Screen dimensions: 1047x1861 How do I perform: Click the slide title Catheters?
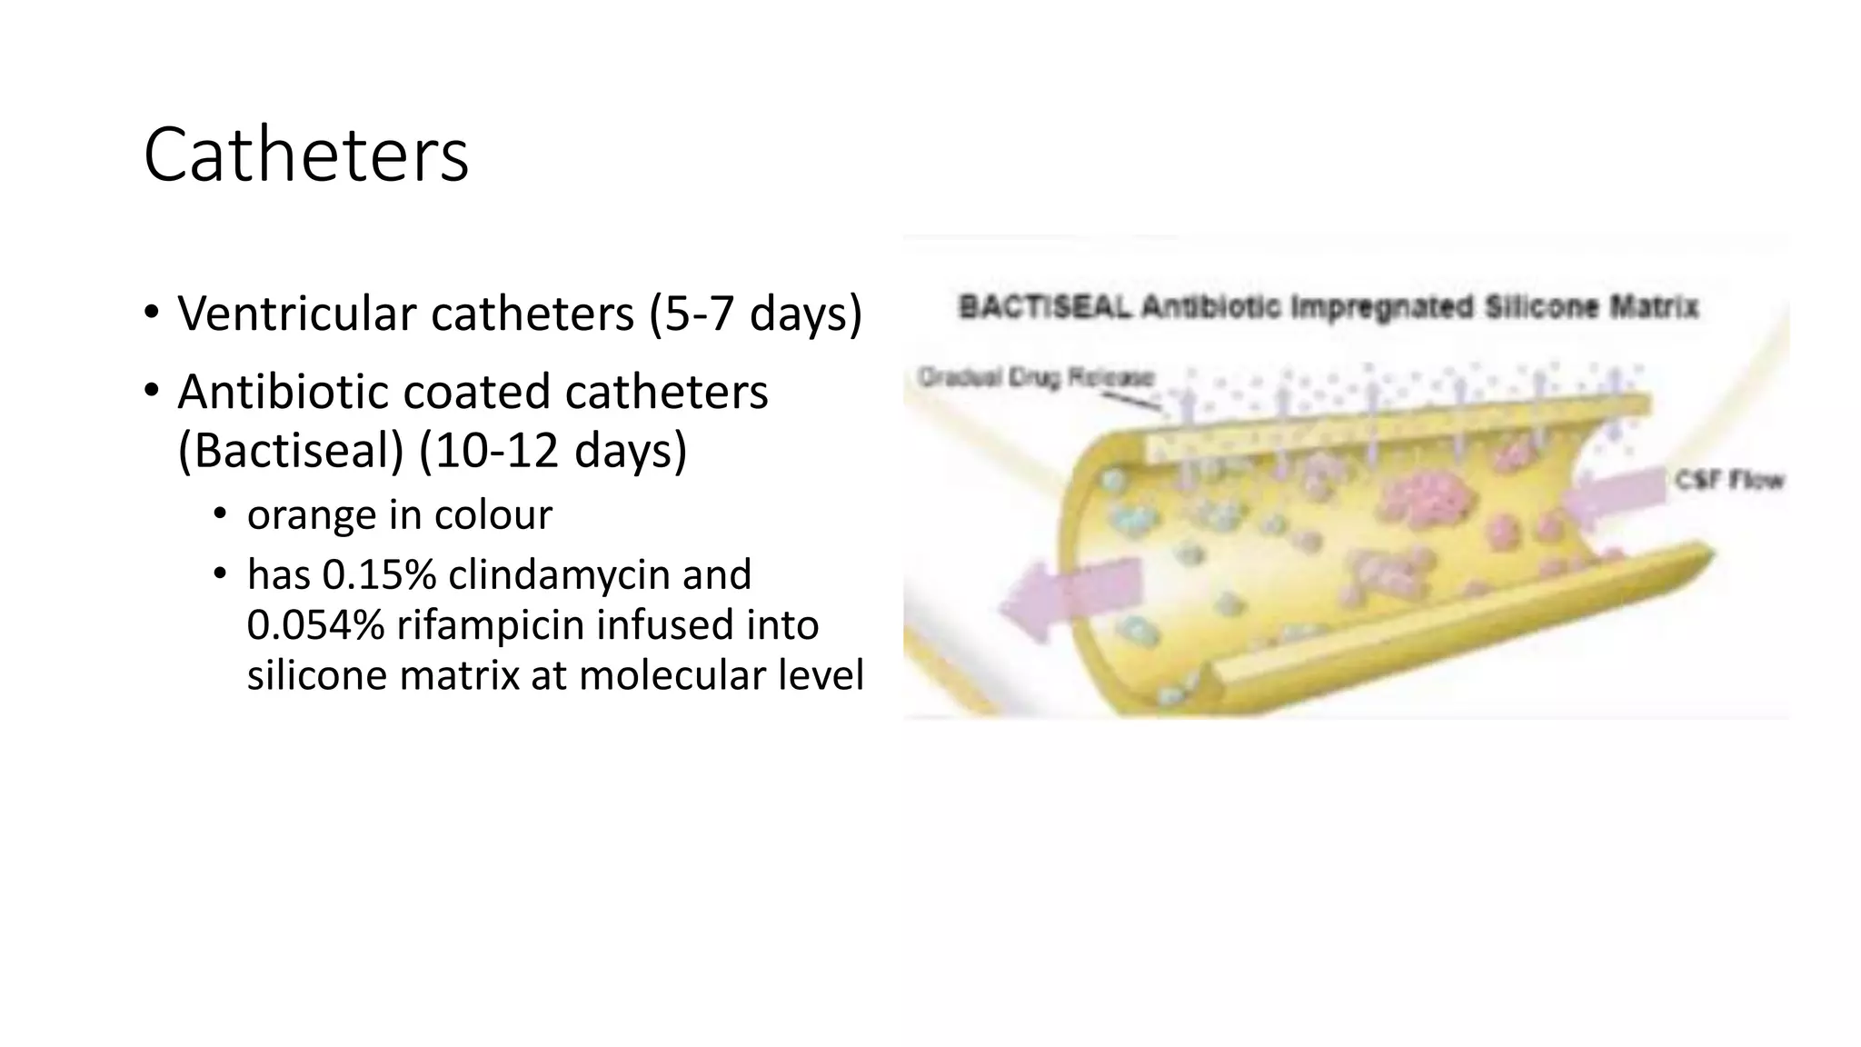305,155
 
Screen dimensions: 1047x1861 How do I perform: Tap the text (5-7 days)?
755,314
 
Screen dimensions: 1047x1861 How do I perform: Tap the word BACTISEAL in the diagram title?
1044,307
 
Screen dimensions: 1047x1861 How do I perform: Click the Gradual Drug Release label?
1036,376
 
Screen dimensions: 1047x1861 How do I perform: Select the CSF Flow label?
1729,479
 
